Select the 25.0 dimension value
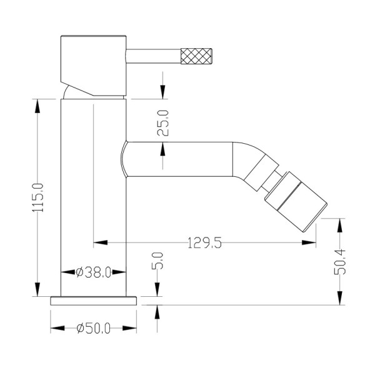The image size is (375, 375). [x=163, y=123]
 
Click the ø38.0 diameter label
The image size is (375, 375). [x=94, y=272]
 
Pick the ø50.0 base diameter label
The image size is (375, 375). [x=93, y=327]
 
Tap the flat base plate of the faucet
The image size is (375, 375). [x=93, y=300]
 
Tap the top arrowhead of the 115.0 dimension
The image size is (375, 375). [x=37, y=103]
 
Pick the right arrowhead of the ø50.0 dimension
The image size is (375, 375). [x=132, y=327]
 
